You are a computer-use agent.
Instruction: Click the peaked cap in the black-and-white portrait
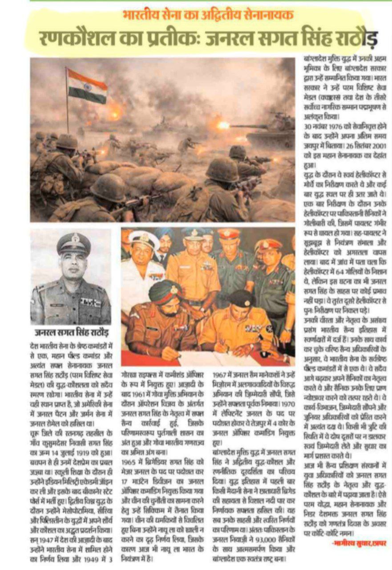[x=73, y=243]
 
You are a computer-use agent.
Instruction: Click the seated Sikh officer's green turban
[x=165, y=292]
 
